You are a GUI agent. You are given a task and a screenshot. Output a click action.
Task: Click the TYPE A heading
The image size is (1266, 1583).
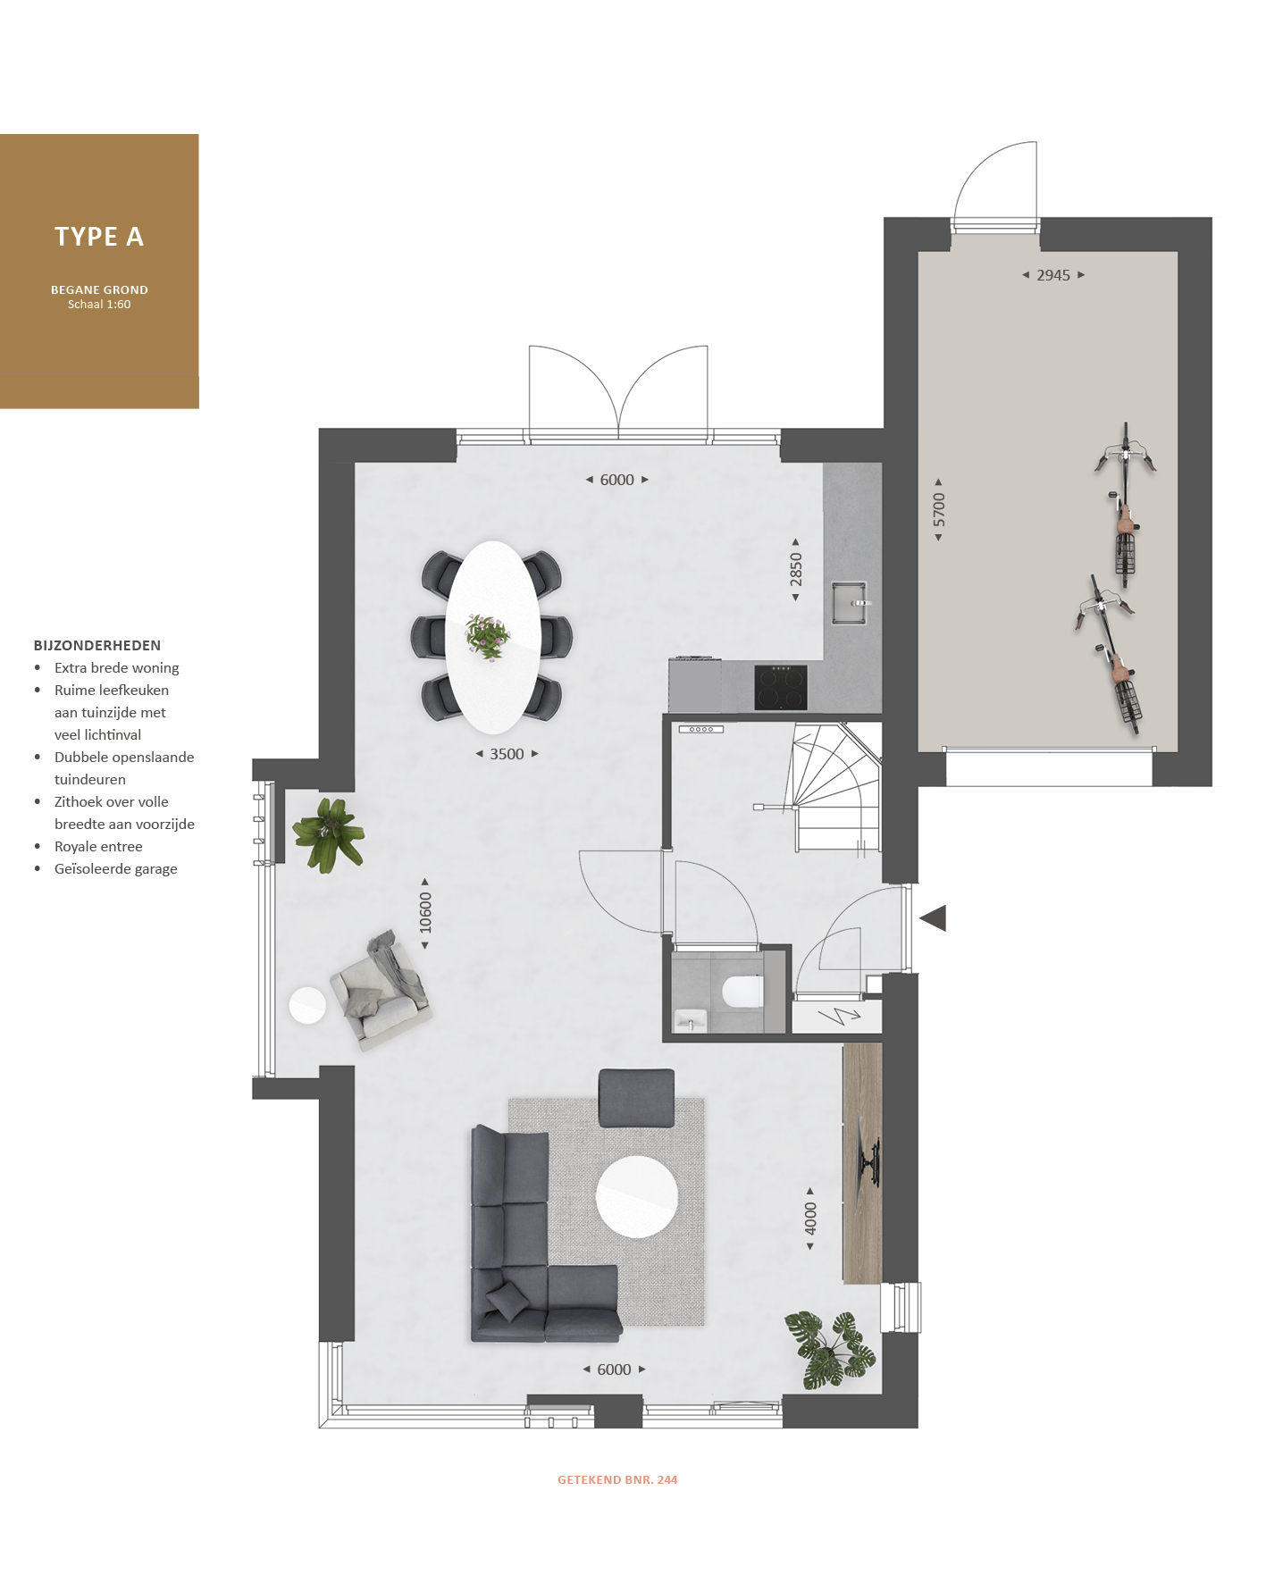pyautogui.click(x=99, y=237)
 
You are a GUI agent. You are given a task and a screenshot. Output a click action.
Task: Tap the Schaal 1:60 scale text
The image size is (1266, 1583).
pyautogui.click(x=99, y=305)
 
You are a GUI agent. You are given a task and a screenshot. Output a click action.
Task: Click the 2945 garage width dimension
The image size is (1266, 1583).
pyautogui.click(x=1053, y=275)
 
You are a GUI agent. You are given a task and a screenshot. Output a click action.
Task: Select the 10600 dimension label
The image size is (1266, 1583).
pyautogui.click(x=425, y=913)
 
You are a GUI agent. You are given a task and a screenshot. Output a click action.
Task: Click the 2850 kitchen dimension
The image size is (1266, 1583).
pyautogui.click(x=795, y=569)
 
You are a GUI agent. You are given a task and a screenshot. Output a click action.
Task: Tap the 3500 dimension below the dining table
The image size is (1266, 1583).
pyautogui.click(x=507, y=754)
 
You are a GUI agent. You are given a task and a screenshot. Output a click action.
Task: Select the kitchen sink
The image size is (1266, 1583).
pyautogui.click(x=850, y=603)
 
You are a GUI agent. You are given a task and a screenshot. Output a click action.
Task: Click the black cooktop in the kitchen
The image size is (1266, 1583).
pyautogui.click(x=781, y=687)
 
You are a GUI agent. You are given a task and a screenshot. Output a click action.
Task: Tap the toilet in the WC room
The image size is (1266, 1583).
pyautogui.click(x=742, y=992)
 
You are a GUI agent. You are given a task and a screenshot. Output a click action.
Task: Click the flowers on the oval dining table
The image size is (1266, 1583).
pyautogui.click(x=488, y=637)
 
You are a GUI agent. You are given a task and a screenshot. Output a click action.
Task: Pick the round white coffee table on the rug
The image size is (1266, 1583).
pyautogui.click(x=637, y=1196)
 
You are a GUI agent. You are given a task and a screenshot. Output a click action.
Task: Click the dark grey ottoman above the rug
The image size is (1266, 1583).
pyautogui.click(x=636, y=1098)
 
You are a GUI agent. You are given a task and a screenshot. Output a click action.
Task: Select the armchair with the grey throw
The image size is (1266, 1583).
pyautogui.click(x=381, y=990)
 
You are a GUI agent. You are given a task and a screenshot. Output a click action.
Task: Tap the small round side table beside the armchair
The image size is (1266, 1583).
pyautogui.click(x=307, y=1005)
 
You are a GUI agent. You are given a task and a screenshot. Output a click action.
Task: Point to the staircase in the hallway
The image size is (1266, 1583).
pyautogui.click(x=835, y=788)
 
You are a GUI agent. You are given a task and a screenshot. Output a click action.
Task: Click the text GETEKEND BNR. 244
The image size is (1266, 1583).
pyautogui.click(x=617, y=1480)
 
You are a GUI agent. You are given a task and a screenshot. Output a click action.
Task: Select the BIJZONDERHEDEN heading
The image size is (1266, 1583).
pyautogui.click(x=97, y=646)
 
